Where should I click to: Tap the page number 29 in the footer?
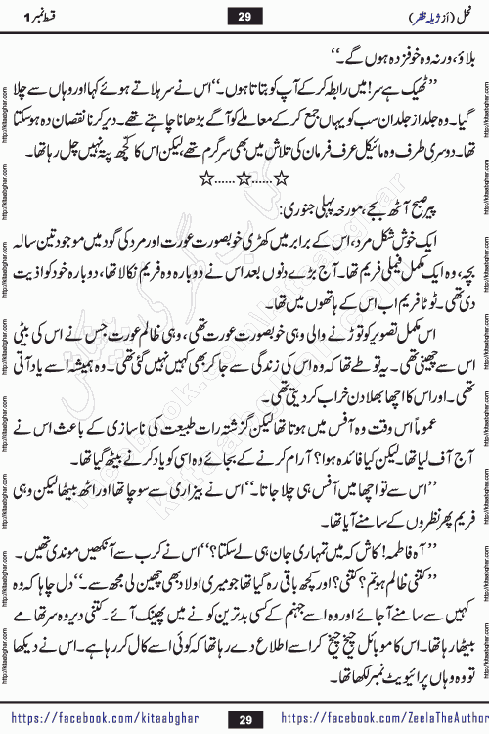click(x=244, y=716)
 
